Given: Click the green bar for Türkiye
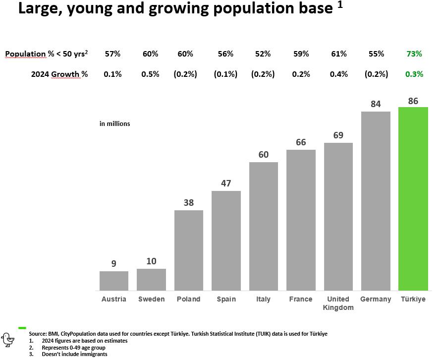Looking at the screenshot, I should click(x=413, y=198).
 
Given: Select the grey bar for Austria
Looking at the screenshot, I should click(x=114, y=281).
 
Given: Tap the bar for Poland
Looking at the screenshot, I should click(x=189, y=250).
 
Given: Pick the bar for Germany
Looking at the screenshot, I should click(x=376, y=201).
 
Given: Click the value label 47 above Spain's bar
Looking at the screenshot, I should click(x=226, y=183).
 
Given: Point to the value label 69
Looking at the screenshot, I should click(x=338, y=135).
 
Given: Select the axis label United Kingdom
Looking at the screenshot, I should click(x=338, y=303).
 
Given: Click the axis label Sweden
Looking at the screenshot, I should click(x=151, y=299).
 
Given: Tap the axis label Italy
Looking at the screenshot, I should click(x=263, y=299).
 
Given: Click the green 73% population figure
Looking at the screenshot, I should click(x=414, y=54).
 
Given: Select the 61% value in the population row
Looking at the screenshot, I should click(x=338, y=54).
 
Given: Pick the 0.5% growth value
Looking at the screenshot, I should click(x=150, y=74).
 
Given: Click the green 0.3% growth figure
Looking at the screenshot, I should click(x=414, y=74).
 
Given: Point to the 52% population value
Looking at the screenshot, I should click(x=263, y=54).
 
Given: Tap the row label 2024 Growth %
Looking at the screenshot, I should click(x=59, y=74).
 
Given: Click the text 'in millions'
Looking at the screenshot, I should click(x=114, y=123).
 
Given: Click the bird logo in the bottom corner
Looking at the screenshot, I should click(x=8, y=339).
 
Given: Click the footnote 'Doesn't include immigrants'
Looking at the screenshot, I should click(x=74, y=354).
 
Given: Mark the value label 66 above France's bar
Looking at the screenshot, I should click(x=301, y=142).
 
